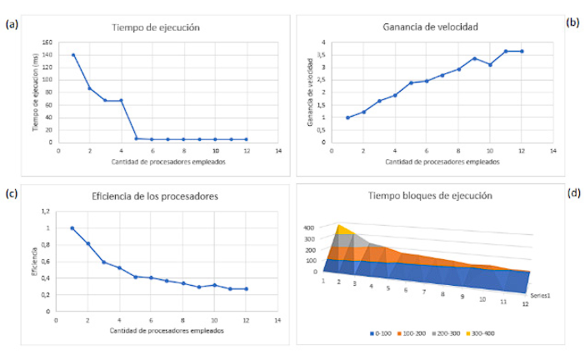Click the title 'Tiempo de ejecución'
[x=156, y=27]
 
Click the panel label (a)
[x=12, y=24]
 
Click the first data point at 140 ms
[x=73, y=55]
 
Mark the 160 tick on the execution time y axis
[x=46, y=42]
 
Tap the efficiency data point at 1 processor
[x=72, y=227]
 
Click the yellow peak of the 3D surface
[x=340, y=227]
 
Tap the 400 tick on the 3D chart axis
[x=309, y=227]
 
